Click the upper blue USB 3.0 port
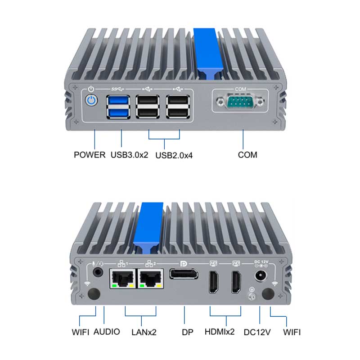(x=118, y=100)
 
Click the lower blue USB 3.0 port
(x=118, y=113)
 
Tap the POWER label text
(x=90, y=155)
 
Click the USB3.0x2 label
(x=129, y=155)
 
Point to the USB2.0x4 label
(x=174, y=155)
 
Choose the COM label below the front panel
(x=247, y=155)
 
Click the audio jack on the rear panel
(x=98, y=273)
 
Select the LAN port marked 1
(x=123, y=278)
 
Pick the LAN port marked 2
(x=150, y=278)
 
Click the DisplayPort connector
(x=184, y=274)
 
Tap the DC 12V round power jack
(x=261, y=275)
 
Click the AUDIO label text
(x=107, y=332)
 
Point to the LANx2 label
(x=144, y=332)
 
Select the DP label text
(x=188, y=332)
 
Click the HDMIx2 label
(x=220, y=332)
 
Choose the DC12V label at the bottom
(x=257, y=332)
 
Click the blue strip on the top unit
(x=208, y=53)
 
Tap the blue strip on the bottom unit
(x=148, y=227)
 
